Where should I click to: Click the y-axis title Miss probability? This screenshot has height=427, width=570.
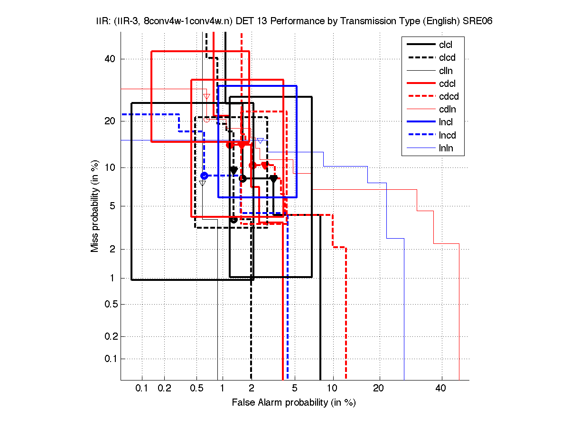[x=95, y=206]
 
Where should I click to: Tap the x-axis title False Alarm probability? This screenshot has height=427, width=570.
[x=294, y=403]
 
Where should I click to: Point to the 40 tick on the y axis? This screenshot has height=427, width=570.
[x=110, y=59]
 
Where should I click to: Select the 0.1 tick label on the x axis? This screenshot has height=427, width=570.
[x=142, y=389]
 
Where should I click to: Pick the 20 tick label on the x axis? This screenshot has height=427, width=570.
[x=378, y=389]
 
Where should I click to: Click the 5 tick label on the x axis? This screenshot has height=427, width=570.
[x=295, y=389]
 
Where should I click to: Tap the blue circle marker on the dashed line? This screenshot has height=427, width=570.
[x=204, y=176]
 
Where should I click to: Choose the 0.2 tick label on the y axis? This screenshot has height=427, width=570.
[x=111, y=336]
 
